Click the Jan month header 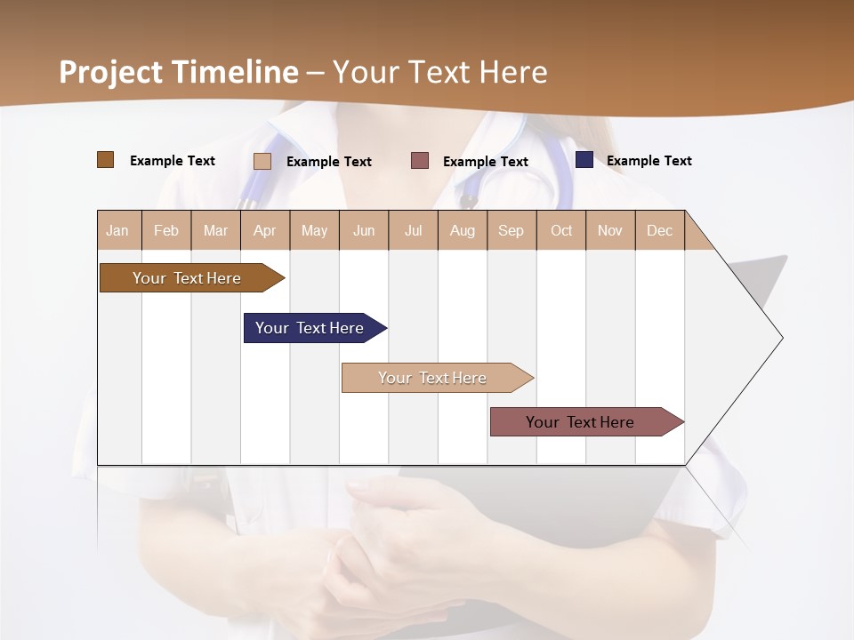pyautogui.click(x=118, y=230)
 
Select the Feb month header pyautogui.click(x=166, y=230)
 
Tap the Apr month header pyautogui.click(x=265, y=230)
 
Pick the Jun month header pyautogui.click(x=364, y=230)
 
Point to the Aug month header pyautogui.click(x=463, y=230)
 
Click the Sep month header pyautogui.click(x=512, y=230)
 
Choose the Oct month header pyautogui.click(x=561, y=230)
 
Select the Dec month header pyautogui.click(x=660, y=230)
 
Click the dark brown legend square pyautogui.click(x=106, y=160)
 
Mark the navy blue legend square pyautogui.click(x=584, y=160)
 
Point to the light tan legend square pyautogui.click(x=262, y=161)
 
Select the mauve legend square pyautogui.click(x=420, y=160)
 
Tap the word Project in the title pyautogui.click(x=111, y=72)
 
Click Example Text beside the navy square pyautogui.click(x=649, y=160)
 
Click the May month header pyautogui.click(x=314, y=230)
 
